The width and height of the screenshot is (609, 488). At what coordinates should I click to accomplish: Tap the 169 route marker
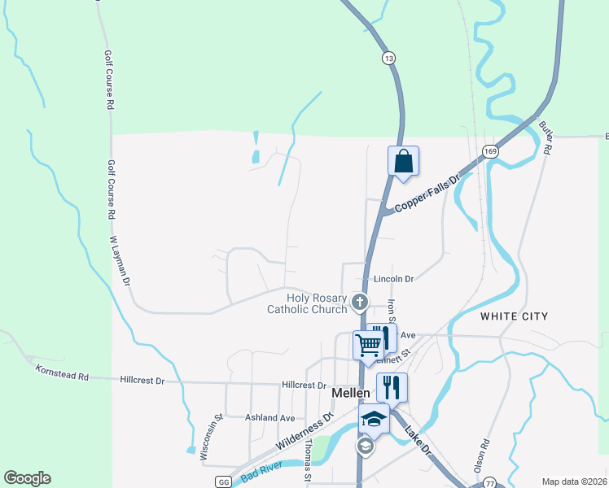click(489, 152)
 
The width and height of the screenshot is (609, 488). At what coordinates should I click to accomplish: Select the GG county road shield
click(223, 481)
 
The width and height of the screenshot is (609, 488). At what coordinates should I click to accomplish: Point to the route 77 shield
click(489, 482)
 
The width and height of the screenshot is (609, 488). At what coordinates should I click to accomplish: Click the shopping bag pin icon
click(403, 161)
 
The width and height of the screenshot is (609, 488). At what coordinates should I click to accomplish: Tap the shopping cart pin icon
click(368, 345)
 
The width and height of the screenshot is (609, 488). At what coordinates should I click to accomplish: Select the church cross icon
click(359, 303)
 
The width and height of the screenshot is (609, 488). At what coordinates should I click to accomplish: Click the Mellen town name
click(352, 392)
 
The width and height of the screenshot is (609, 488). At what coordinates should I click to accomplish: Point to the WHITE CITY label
click(514, 316)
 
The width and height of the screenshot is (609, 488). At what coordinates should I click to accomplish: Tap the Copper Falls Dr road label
click(427, 194)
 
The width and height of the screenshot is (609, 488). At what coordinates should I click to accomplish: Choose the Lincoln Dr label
click(393, 279)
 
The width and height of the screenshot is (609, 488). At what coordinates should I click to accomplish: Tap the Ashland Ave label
click(269, 417)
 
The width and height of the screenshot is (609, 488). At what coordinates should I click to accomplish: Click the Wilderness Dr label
click(305, 432)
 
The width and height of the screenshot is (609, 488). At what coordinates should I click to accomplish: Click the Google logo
click(27, 478)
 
